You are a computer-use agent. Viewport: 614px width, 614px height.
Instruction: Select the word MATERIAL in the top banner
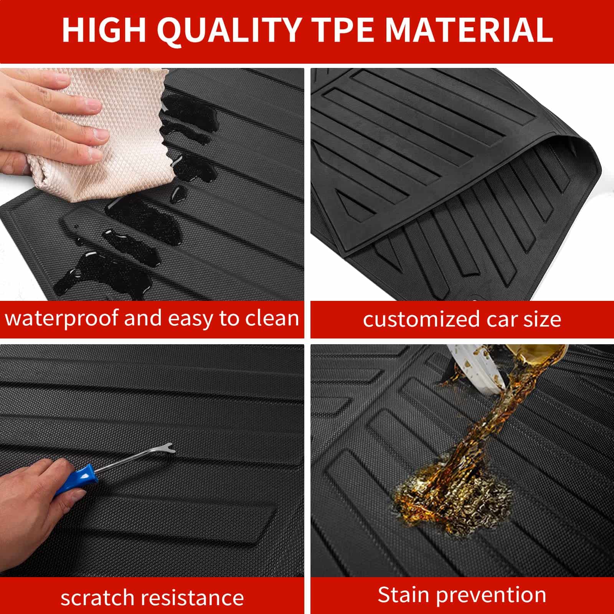point(469,30)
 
